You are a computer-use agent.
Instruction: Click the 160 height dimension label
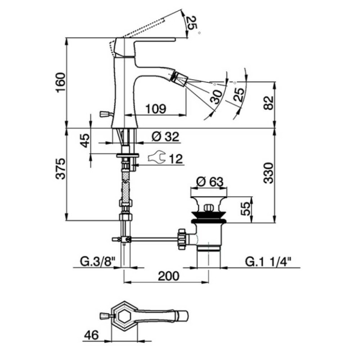tap(61, 82)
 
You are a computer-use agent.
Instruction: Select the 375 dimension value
tap(61, 168)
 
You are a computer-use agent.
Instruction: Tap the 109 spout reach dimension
tap(156, 108)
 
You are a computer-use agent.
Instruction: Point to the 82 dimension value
tap(268, 103)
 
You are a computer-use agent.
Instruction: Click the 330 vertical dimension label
tap(268, 173)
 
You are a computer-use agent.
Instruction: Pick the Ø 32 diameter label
tap(165, 137)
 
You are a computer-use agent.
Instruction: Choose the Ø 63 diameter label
tap(210, 182)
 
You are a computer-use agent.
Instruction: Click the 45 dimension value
tap(85, 140)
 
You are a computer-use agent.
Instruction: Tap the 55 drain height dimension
tap(246, 208)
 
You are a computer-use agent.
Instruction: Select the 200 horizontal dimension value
tap(168, 276)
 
